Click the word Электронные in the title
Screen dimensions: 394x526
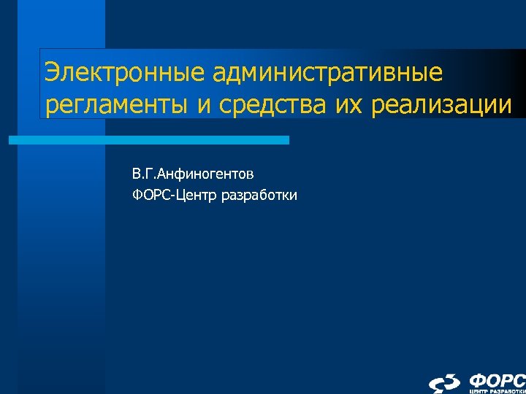click(x=117, y=74)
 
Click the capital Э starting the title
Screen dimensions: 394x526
click(x=52, y=74)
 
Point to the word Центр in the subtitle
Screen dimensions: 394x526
click(x=193, y=195)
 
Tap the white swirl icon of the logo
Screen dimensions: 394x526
click(x=445, y=384)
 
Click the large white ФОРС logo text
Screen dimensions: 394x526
click(x=497, y=380)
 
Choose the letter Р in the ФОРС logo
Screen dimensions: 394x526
click(x=506, y=380)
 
